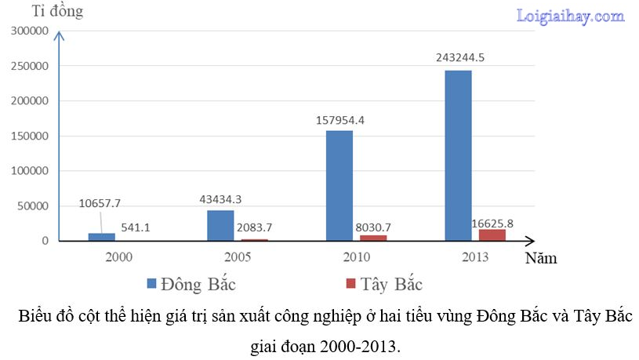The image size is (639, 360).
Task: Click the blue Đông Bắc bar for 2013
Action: tap(458, 155)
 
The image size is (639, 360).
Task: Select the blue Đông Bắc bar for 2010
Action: tap(339, 185)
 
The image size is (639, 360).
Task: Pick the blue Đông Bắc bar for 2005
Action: tap(220, 225)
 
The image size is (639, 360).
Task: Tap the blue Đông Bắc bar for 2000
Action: tap(101, 237)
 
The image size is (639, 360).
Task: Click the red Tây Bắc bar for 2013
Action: tap(492, 235)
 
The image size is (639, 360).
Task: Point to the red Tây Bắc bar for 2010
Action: tap(373, 238)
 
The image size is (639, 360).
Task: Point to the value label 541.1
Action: tap(135, 227)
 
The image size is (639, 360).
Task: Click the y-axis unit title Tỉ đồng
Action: tap(56, 12)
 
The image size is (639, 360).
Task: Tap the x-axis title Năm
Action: tap(542, 256)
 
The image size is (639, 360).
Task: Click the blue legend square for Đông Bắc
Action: tap(151, 282)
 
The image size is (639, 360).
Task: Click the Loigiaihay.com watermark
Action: tap(570, 16)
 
